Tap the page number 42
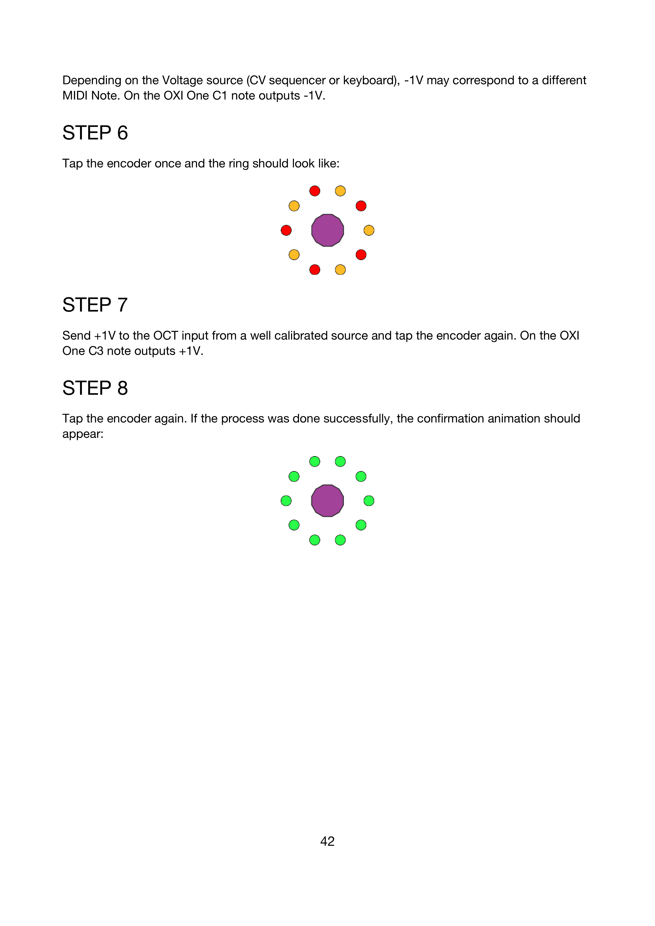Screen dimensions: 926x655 coord(327,841)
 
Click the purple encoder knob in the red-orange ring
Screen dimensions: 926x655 coord(327,230)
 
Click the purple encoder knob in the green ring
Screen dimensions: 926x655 coord(327,500)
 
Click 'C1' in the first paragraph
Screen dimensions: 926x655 coord(220,96)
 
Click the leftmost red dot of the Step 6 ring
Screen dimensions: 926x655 coord(286,230)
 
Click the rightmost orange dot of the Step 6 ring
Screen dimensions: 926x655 coord(369,230)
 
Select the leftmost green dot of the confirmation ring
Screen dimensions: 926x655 coord(286,500)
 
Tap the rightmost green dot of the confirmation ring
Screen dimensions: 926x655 coord(369,500)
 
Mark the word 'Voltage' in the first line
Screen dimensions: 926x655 coord(182,80)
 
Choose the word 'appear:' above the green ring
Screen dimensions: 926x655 coord(83,434)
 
